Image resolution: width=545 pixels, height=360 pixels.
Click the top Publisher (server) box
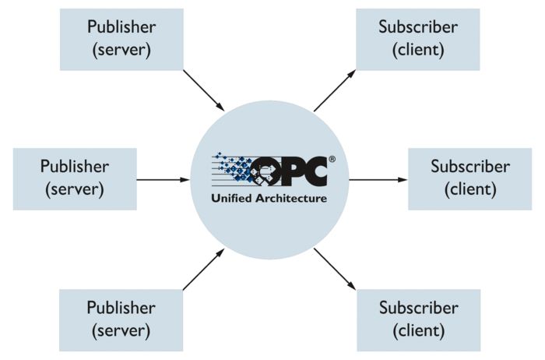click(x=121, y=39)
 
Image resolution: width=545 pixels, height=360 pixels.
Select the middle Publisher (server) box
click(x=75, y=178)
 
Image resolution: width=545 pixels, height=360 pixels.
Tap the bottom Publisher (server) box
click(x=121, y=319)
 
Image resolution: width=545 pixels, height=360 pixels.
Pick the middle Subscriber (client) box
click(x=470, y=178)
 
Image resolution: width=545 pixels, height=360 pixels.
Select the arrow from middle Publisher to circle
click(x=163, y=179)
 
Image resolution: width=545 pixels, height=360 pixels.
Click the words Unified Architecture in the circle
click(x=269, y=198)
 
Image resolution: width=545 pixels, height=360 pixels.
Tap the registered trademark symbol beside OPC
click(x=332, y=159)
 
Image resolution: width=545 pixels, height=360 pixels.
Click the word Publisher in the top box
click(x=121, y=27)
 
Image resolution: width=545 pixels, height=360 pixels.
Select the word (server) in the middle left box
click(x=75, y=189)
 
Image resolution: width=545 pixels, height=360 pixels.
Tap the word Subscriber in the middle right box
click(x=470, y=167)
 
